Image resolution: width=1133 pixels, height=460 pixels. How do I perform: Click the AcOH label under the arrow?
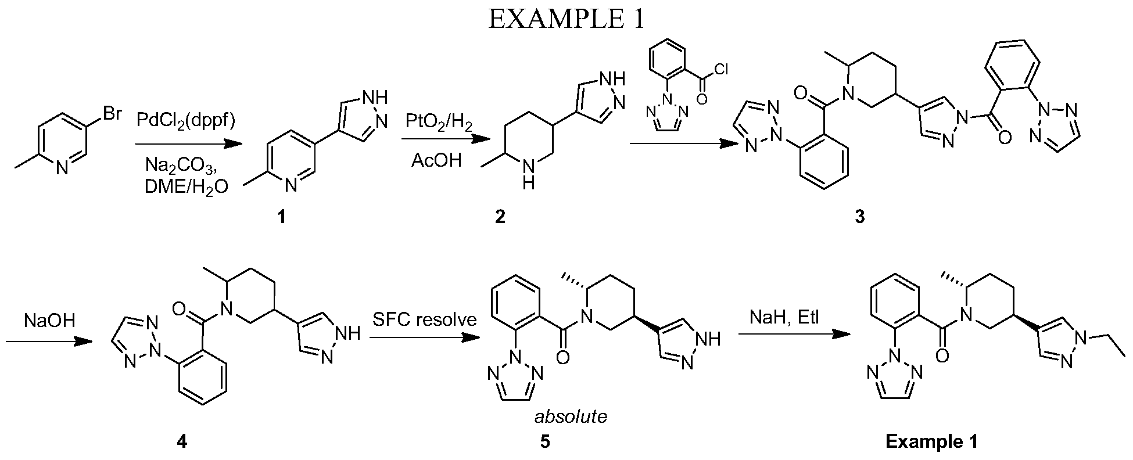[x=436, y=160]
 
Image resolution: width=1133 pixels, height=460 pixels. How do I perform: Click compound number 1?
[x=282, y=218]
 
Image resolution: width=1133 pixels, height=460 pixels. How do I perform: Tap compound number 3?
[x=860, y=218]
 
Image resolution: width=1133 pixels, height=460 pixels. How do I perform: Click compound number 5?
[x=544, y=441]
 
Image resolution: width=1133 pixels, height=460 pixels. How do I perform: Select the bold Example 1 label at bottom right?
[x=931, y=441]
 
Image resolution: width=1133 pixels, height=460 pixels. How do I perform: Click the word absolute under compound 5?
[x=571, y=416]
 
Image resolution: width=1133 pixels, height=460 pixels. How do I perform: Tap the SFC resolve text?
[x=425, y=319]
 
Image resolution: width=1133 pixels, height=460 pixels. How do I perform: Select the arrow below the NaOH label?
[x=49, y=343]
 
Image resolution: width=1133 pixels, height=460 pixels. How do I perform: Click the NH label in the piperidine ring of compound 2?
[x=528, y=175]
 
